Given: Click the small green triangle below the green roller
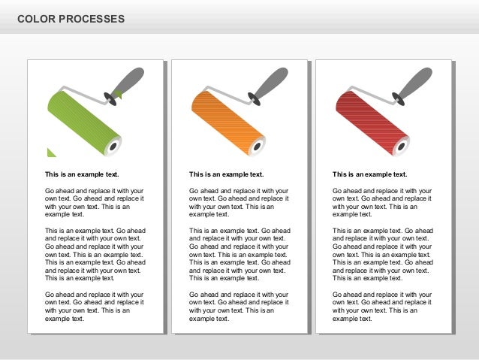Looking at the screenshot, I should point(50,153).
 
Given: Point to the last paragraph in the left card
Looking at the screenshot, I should point(95,306).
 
